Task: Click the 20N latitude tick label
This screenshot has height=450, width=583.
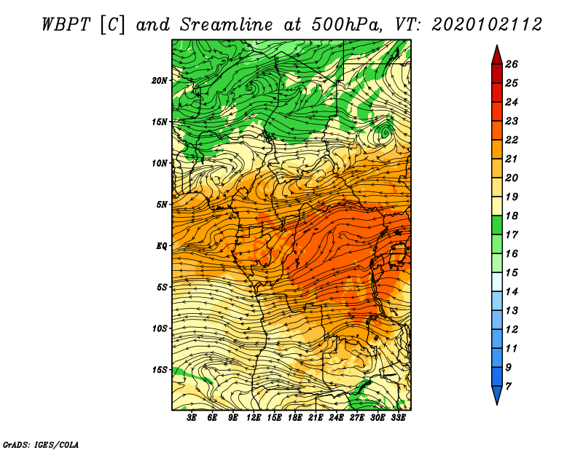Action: click(x=159, y=80)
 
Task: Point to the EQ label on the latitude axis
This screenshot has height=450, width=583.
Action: click(x=162, y=245)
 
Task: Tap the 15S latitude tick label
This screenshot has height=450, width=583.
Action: click(x=159, y=370)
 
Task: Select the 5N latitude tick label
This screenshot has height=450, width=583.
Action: click(x=162, y=205)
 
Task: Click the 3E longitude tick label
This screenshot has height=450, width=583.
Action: click(x=192, y=418)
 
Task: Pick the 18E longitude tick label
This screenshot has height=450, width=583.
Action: click(x=295, y=418)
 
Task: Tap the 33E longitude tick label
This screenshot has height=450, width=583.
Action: click(x=398, y=418)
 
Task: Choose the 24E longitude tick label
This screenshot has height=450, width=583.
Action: click(x=336, y=418)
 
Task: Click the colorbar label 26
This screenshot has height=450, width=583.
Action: click(x=512, y=64)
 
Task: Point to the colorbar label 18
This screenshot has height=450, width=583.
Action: click(x=512, y=216)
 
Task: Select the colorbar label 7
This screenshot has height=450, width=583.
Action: click(x=508, y=387)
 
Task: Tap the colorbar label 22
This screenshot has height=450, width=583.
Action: click(x=512, y=140)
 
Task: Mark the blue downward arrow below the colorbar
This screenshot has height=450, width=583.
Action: click(x=497, y=395)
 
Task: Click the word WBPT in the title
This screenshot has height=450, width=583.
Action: click(x=66, y=25)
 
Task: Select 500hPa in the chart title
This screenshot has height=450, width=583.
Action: click(x=346, y=25)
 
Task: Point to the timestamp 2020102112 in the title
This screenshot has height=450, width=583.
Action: click(x=487, y=25)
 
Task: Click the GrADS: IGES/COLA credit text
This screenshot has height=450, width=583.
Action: click(x=41, y=444)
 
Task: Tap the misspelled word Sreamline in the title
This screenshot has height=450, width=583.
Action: click(x=227, y=25)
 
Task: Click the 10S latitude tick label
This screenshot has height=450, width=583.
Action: click(x=159, y=328)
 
